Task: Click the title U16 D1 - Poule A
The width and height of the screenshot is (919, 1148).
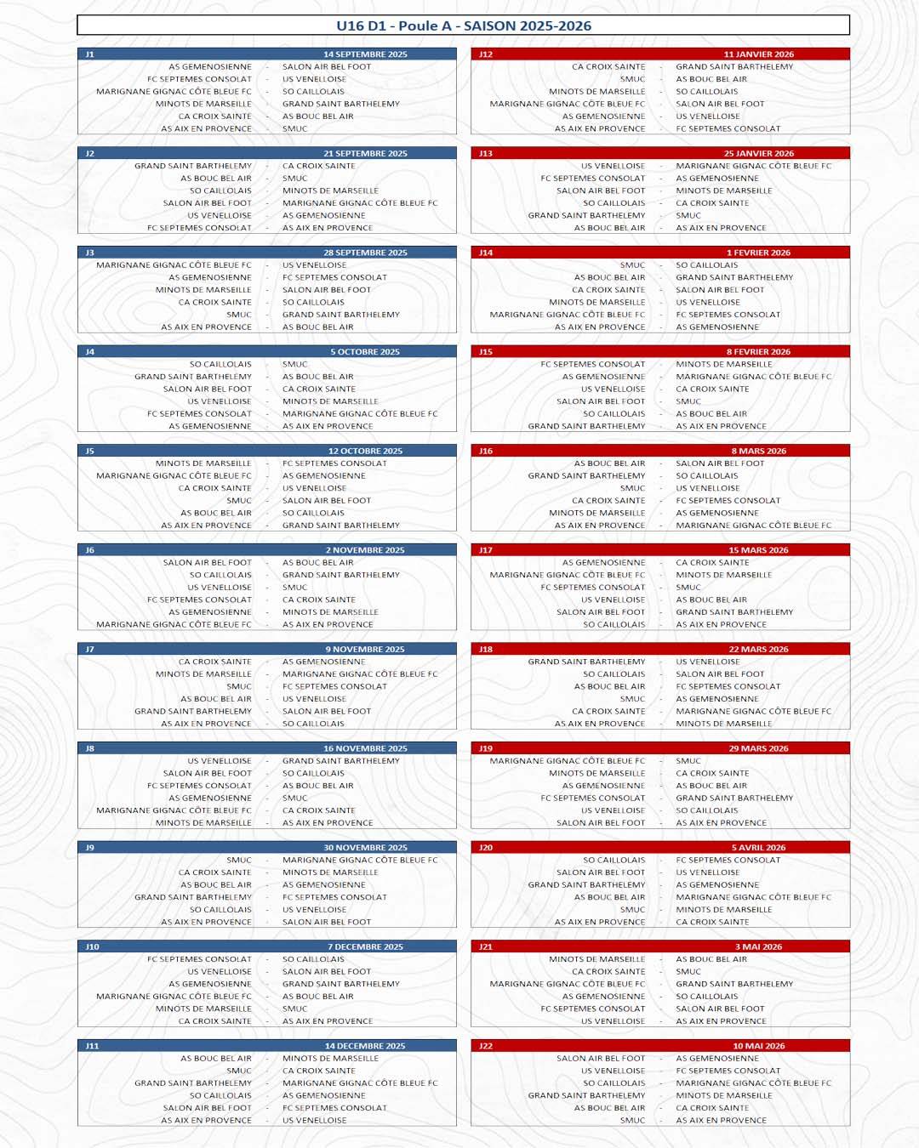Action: [x=463, y=26]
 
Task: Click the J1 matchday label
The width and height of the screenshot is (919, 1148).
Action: [x=89, y=54]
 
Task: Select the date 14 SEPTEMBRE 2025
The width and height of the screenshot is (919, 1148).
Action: [x=365, y=54]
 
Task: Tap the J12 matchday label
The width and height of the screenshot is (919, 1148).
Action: [x=485, y=54]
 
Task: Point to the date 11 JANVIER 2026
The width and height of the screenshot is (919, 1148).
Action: [x=758, y=54]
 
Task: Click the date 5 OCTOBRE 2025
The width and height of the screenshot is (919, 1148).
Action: [x=365, y=352]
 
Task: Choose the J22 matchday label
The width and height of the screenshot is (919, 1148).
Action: [x=485, y=1046]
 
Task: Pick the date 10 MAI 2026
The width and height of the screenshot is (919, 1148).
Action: [x=758, y=1046]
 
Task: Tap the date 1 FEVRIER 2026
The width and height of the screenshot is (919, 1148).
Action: [x=758, y=253]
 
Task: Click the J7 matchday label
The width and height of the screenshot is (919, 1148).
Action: [x=89, y=650]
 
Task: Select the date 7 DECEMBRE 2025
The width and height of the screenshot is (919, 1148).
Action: [x=365, y=947]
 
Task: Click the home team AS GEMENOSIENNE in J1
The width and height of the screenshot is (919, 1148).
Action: [x=210, y=67]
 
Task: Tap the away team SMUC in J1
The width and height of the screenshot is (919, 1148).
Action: [x=294, y=129]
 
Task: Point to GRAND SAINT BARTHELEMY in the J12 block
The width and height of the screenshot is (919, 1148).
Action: [x=733, y=67]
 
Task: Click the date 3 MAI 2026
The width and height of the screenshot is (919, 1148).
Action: [x=758, y=947]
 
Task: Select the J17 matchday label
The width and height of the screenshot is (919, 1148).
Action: [x=485, y=550]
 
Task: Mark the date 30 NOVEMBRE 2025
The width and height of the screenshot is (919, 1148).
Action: [x=365, y=848]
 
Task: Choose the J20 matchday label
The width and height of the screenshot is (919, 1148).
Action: [x=485, y=848]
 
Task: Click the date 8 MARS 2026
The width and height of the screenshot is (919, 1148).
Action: [x=758, y=452]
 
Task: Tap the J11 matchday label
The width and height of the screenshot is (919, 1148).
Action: [x=92, y=1046]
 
